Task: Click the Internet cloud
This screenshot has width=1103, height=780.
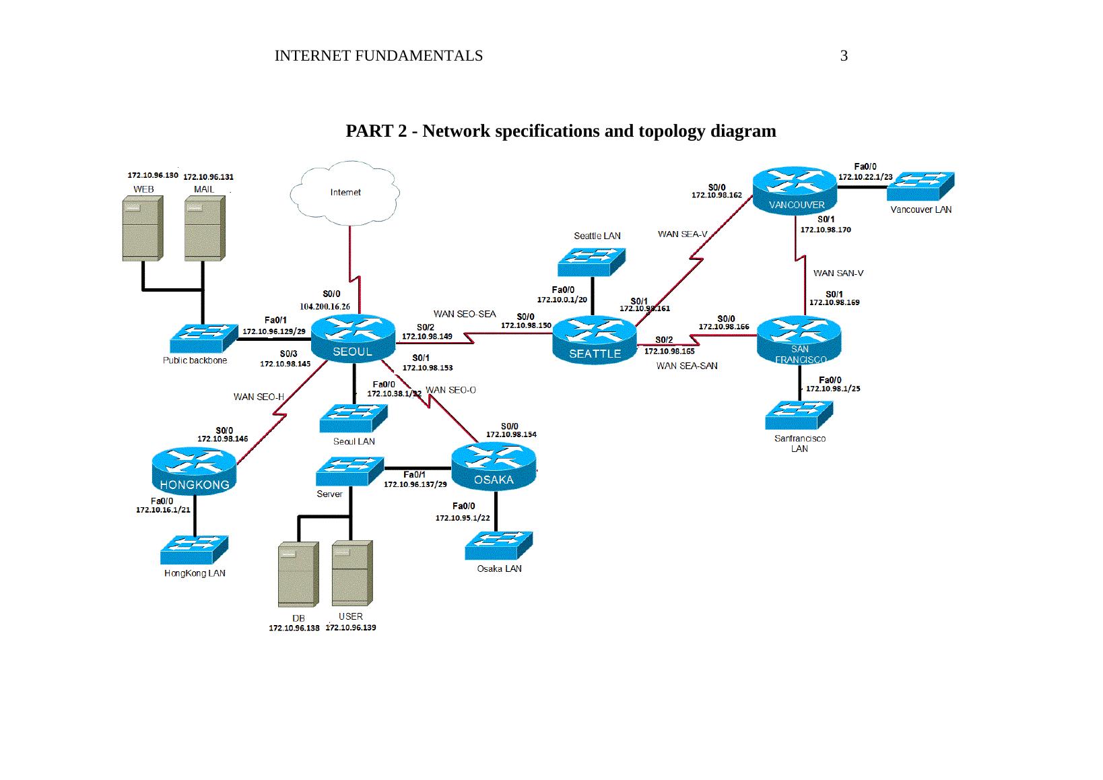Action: pyautogui.click(x=345, y=193)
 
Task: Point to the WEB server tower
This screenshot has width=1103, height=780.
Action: pyautogui.click(x=142, y=228)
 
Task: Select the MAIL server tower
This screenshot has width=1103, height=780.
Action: pyautogui.click(x=204, y=228)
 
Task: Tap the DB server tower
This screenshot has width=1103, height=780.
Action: pyautogui.click(x=297, y=574)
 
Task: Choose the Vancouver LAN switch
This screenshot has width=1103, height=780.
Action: pyautogui.click(x=920, y=185)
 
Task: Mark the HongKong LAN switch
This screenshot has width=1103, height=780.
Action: pyautogui.click(x=194, y=550)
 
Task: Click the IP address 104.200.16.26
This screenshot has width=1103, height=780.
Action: pyautogui.click(x=325, y=306)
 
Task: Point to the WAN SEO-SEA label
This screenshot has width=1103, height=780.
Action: pyautogui.click(x=465, y=314)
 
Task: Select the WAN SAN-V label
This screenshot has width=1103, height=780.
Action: pyautogui.click(x=838, y=273)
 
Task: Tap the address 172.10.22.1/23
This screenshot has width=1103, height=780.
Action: pyautogui.click(x=865, y=177)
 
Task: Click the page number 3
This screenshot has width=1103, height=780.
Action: pyautogui.click(x=844, y=56)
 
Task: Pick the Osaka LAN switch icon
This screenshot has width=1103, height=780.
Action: pyautogui.click(x=498, y=546)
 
